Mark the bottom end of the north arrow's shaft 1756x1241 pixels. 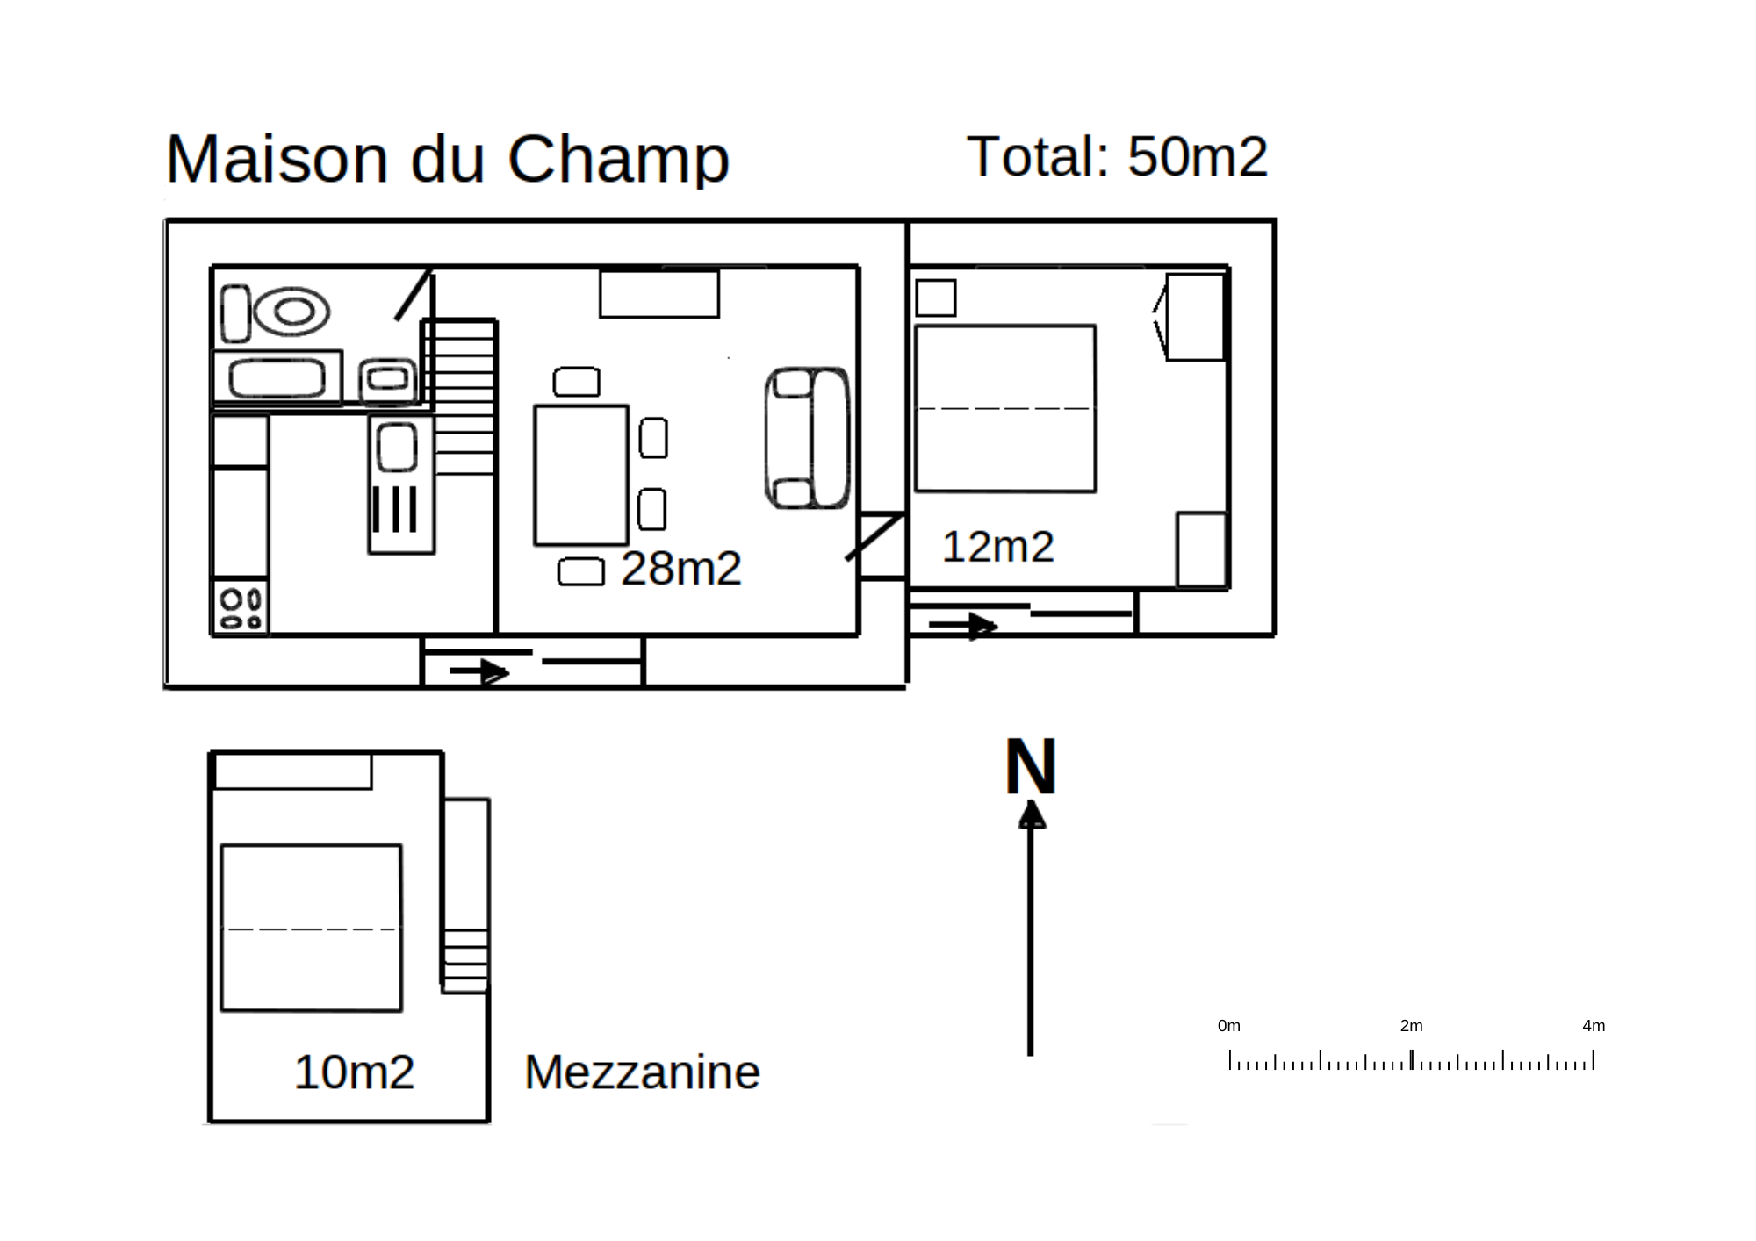coord(1031,1055)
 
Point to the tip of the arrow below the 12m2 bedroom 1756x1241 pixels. coord(998,626)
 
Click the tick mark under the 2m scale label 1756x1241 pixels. coord(1412,1059)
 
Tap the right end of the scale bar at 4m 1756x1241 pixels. coord(1594,1059)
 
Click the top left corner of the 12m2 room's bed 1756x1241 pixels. coord(916,326)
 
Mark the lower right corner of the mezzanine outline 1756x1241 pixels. coord(488,1121)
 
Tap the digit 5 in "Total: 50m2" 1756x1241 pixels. coord(1144,156)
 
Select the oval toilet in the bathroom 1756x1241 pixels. coord(291,312)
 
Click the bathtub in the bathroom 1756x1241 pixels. coord(277,378)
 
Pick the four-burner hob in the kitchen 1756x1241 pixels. coord(241,606)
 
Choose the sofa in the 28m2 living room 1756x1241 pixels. coord(808,437)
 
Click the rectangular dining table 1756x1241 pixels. coord(581,475)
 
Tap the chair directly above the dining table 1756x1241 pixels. coord(577,382)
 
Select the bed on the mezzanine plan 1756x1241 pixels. coord(312,928)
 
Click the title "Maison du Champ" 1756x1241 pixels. coord(448,159)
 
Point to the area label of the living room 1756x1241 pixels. coord(681,568)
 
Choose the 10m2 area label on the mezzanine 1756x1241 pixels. coord(354,1072)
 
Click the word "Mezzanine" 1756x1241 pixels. coord(642,1072)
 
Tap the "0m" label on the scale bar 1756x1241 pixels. coord(1229,1025)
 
